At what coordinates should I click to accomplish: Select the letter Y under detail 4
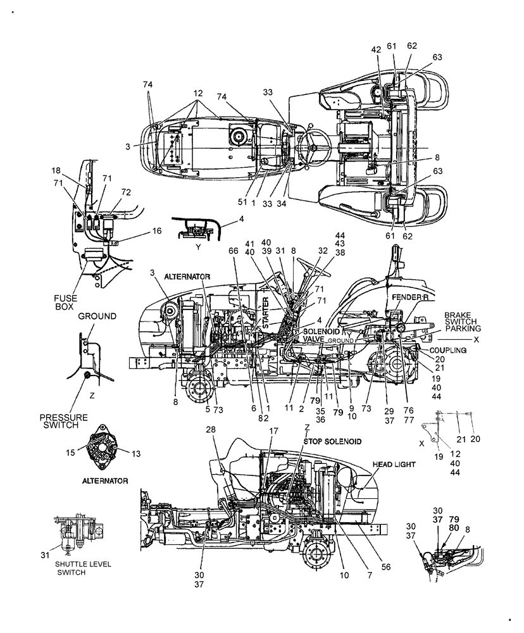198,248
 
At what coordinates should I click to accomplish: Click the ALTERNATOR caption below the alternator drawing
104,481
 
